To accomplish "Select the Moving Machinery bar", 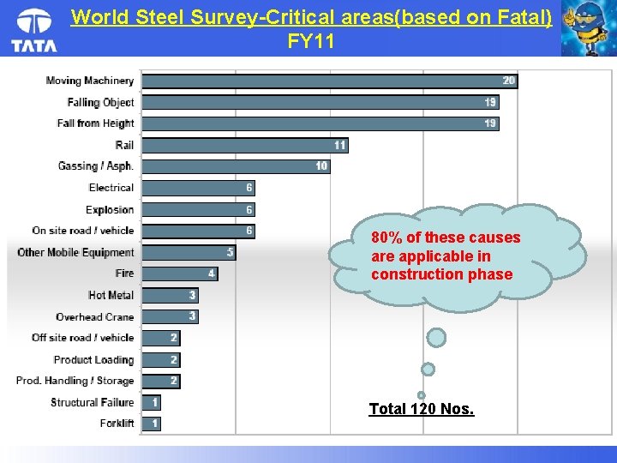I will [329, 81].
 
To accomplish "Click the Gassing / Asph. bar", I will [235, 166].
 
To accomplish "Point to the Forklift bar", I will [151, 424].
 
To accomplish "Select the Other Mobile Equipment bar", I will [188, 252].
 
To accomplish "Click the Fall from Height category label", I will [95, 123].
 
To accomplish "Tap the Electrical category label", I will [111, 188].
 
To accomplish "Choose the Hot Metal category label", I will [111, 295].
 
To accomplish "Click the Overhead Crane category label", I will [95, 316].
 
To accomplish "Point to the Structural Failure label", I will [93, 402].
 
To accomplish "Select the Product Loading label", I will [93, 359].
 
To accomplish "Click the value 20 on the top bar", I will [509, 81].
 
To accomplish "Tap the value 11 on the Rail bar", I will [340, 145].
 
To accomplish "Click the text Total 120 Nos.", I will [421, 409].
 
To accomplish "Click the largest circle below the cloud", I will [436, 338].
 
